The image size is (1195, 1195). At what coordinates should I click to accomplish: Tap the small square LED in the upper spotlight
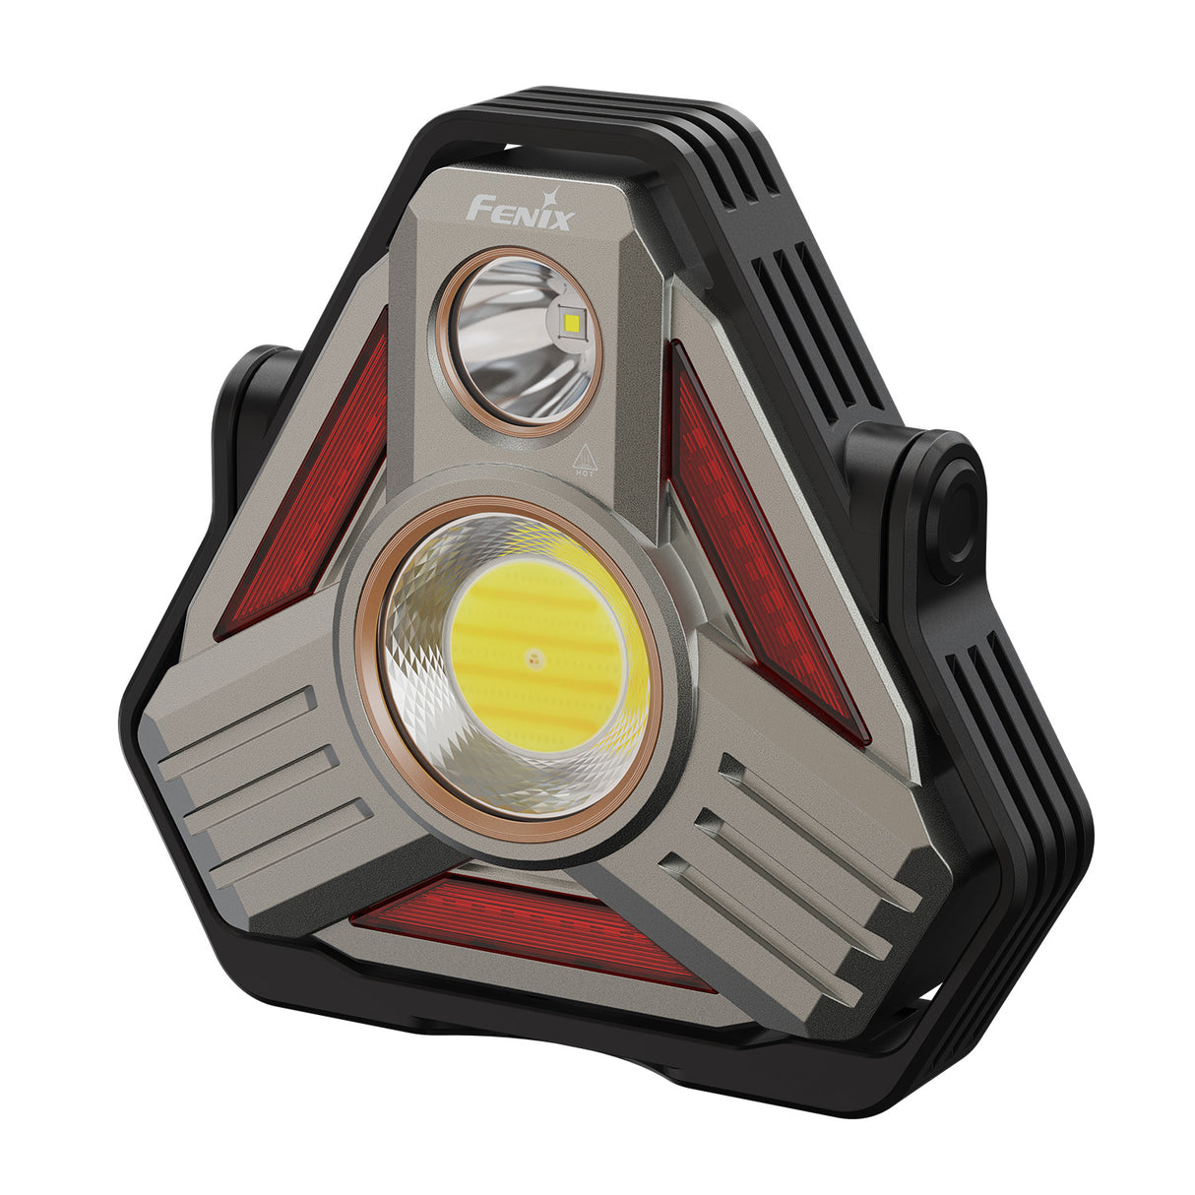click(572, 321)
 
